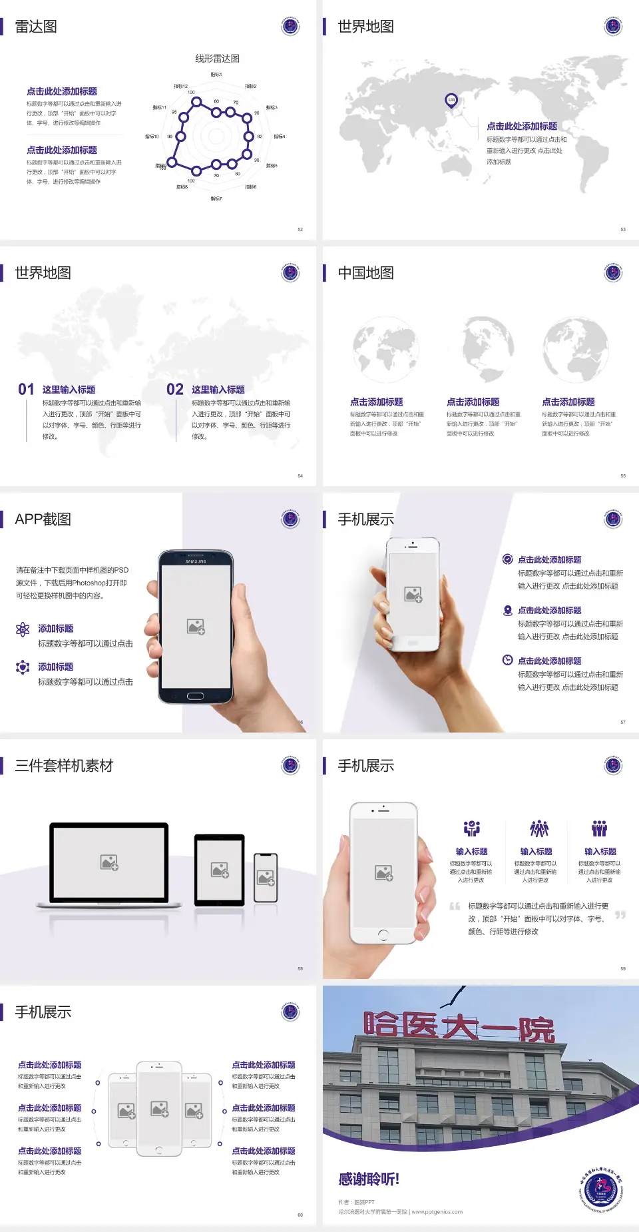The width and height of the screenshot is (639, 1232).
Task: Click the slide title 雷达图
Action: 36,27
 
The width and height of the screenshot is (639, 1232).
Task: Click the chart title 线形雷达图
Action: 217,59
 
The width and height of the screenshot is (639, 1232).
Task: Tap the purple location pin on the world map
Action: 451,101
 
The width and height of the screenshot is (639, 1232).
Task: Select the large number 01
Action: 26,390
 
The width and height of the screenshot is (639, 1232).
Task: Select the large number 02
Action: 175,390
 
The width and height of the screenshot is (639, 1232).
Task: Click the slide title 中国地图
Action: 365,273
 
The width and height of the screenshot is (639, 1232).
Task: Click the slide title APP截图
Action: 43,519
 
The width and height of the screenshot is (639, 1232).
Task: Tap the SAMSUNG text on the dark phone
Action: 196,561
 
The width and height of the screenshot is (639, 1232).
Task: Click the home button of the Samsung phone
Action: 195,696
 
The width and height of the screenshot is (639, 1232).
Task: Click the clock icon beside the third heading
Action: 507,660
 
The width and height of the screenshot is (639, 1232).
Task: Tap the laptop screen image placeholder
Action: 109,862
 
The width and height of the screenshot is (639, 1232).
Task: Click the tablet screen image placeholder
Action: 220,870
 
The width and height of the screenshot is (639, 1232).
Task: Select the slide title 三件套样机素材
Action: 64,766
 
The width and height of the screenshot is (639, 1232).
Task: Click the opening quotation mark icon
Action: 455,906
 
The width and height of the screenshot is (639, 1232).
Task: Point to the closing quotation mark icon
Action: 620,915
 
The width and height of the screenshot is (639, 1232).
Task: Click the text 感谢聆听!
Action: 369,1179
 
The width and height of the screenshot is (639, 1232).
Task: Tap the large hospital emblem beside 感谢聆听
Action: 600,1189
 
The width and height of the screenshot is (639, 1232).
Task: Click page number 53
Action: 623,229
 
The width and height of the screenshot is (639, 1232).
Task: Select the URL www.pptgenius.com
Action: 437,1212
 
